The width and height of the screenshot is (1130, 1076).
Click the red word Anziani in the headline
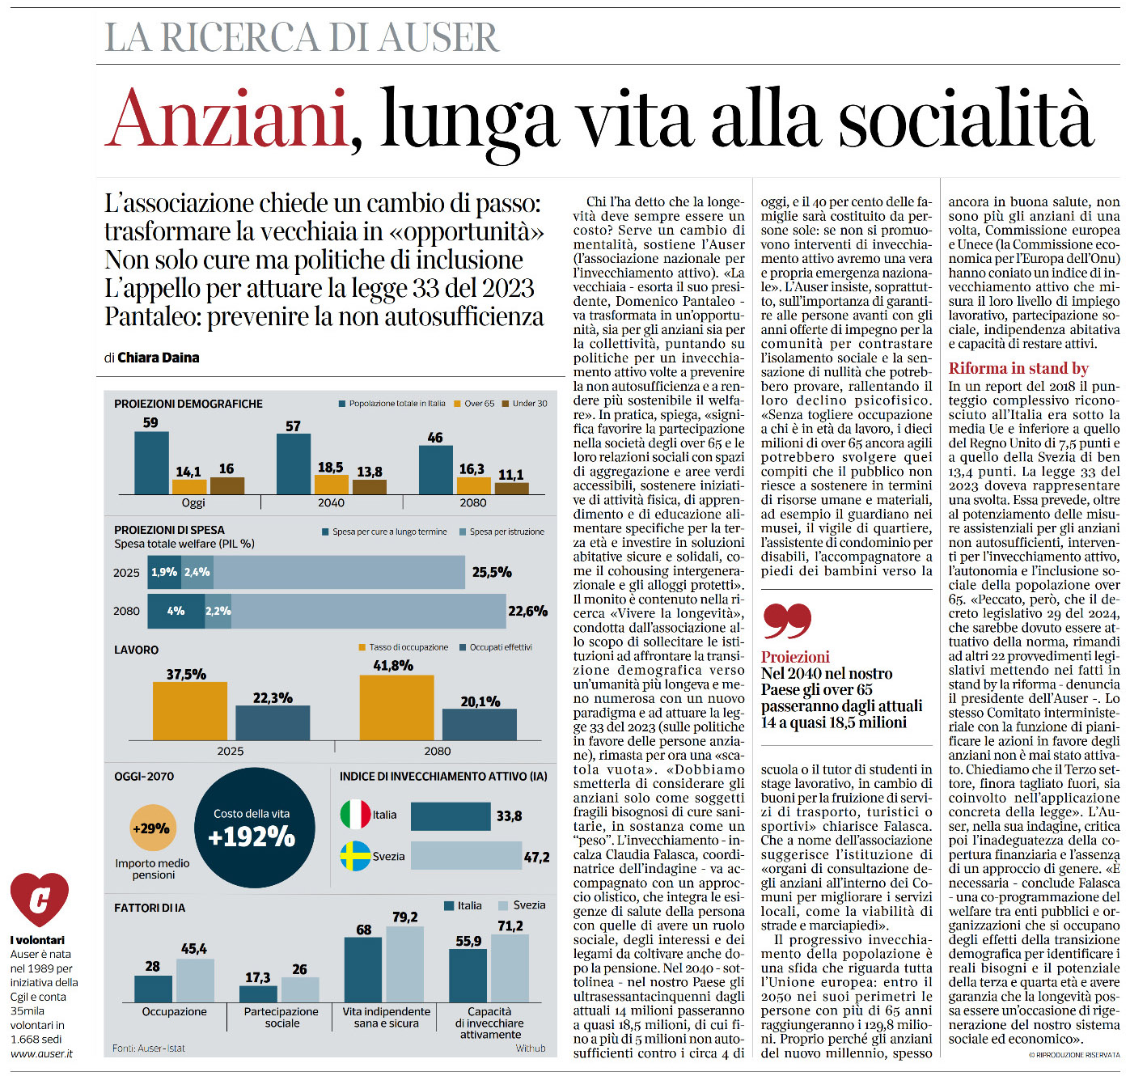226,118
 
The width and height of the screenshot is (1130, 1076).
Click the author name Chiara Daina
158,357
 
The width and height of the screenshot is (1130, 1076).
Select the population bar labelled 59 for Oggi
152,463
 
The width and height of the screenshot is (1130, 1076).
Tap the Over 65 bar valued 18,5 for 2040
331,485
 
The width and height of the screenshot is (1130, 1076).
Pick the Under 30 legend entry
525,403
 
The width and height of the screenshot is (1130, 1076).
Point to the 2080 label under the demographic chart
473,502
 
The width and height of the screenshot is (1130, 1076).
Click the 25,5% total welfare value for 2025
492,572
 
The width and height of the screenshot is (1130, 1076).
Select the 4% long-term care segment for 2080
176,611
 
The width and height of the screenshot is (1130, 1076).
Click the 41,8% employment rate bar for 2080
396,707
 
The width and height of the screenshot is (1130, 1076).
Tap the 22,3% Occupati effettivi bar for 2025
273,723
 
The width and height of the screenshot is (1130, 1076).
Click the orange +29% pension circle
153,828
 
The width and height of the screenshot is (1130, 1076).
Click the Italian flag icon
355,815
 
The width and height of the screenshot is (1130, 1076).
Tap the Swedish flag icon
355,856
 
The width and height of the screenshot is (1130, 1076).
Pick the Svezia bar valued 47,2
466,856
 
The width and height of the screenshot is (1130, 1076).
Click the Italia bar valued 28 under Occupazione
153,989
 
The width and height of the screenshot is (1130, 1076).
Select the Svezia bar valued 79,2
404,964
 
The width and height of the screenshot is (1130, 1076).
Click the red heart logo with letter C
39,899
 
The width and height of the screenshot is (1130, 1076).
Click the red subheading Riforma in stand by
1018,368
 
